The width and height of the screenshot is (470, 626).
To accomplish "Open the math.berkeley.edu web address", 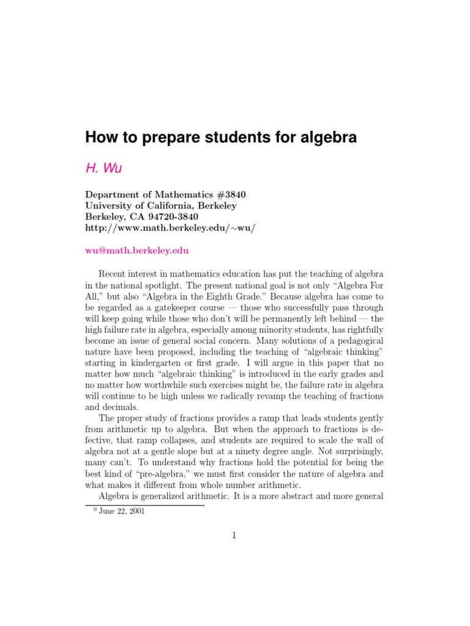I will pyautogui.click(x=170, y=227).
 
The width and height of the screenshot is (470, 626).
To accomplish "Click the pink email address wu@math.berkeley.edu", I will pyautogui.click(x=137, y=251).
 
